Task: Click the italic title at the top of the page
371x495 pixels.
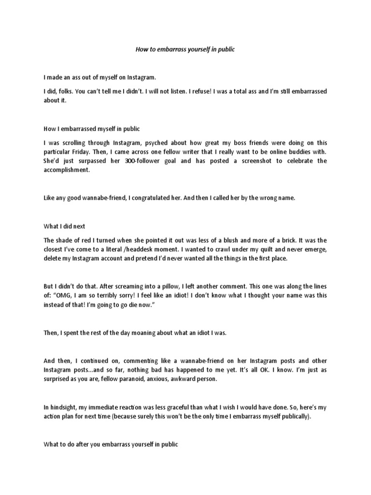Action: coord(185,50)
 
